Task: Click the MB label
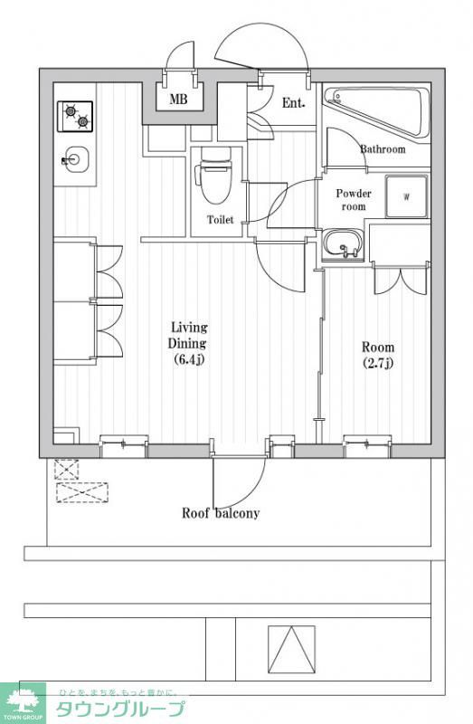tap(178, 99)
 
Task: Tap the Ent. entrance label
tap(294, 103)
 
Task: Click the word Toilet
tap(220, 220)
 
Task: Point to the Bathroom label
tap(383, 149)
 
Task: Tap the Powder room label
tap(354, 199)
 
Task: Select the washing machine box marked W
tap(407, 196)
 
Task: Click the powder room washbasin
tap(344, 244)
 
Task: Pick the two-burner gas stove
tap(75, 116)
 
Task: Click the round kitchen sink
tap(75, 160)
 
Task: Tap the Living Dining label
tap(188, 335)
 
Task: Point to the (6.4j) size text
tap(189, 358)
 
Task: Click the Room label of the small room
tap(378, 347)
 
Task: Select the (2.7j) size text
tap(378, 363)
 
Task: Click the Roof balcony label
tap(221, 513)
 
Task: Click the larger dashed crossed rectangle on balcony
tap(82, 492)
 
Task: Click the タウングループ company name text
tap(121, 709)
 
